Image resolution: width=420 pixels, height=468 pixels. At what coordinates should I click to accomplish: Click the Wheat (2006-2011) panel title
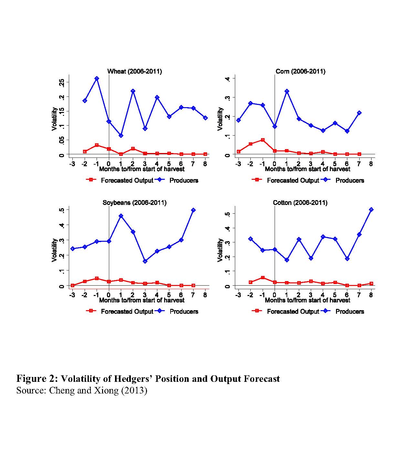pos(134,71)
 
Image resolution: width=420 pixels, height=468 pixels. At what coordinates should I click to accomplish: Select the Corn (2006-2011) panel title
pos(300,71)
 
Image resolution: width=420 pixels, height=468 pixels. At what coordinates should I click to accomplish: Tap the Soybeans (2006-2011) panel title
pos(134,203)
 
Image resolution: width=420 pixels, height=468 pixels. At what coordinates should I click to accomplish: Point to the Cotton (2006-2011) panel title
pos(300,203)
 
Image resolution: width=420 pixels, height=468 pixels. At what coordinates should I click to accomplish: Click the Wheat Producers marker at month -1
pos(97,78)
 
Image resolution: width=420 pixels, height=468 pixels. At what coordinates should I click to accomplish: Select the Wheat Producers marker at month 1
pos(121,136)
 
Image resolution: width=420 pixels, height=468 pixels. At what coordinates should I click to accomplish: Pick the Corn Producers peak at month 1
pos(287,91)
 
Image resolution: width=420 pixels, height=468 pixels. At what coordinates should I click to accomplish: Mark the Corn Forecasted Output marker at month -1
pos(263,140)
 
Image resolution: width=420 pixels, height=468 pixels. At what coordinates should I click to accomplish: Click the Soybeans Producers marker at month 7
pos(193,210)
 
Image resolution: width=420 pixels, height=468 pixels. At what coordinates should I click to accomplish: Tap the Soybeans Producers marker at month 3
pos(145,261)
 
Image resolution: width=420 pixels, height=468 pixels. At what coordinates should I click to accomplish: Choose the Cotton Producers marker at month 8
pos(371,209)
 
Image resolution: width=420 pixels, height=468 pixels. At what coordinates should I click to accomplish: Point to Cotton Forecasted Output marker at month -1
pos(263,278)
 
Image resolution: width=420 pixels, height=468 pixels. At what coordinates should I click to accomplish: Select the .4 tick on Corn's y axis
pos(227,78)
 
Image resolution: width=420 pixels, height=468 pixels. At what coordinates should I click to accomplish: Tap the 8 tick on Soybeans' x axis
pos(205,295)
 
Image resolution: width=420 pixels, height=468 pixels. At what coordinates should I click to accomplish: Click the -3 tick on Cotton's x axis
pos(238,295)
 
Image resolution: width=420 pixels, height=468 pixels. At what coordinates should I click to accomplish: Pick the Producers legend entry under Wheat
pos(184,180)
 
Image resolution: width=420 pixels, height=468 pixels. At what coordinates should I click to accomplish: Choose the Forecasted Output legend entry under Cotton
pos(293,311)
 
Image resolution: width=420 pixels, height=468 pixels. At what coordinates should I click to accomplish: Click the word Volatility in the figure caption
pos(81,379)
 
